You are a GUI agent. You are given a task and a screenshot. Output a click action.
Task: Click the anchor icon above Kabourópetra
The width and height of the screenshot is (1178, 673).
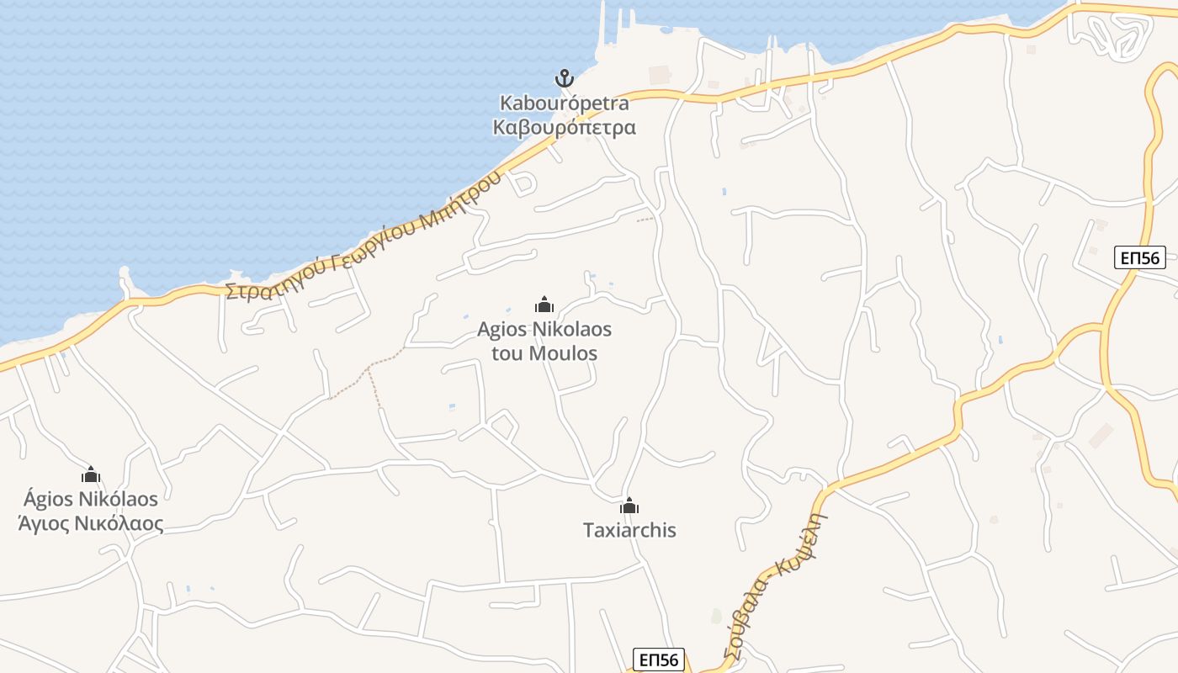click(564, 79)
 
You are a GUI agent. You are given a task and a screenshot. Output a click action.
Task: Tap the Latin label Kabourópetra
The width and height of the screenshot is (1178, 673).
click(565, 103)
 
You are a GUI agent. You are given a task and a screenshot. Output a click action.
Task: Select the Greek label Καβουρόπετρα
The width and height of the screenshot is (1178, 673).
click(564, 128)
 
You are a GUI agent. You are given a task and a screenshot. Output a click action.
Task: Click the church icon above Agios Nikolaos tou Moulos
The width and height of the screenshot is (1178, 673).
click(544, 305)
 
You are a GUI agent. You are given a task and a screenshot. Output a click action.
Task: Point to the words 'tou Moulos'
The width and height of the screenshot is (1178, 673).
click(544, 353)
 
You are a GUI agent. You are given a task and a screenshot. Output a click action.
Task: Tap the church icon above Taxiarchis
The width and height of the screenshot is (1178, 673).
click(629, 506)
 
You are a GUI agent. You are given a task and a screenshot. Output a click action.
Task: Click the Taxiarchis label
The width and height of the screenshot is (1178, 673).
click(629, 531)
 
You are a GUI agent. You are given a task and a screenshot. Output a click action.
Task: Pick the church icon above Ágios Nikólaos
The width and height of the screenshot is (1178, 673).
click(91, 474)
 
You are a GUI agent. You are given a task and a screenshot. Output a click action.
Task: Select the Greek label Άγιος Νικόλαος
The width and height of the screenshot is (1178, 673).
click(91, 524)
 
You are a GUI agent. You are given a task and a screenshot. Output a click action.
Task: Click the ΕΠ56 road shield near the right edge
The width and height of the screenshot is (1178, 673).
click(1140, 257)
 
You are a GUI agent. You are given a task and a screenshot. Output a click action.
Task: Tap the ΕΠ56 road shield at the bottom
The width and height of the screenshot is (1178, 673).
click(659, 660)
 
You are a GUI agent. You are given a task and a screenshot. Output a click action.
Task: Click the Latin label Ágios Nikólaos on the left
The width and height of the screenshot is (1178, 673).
click(91, 499)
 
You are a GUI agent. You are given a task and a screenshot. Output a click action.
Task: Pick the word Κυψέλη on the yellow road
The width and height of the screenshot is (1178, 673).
click(804, 543)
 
